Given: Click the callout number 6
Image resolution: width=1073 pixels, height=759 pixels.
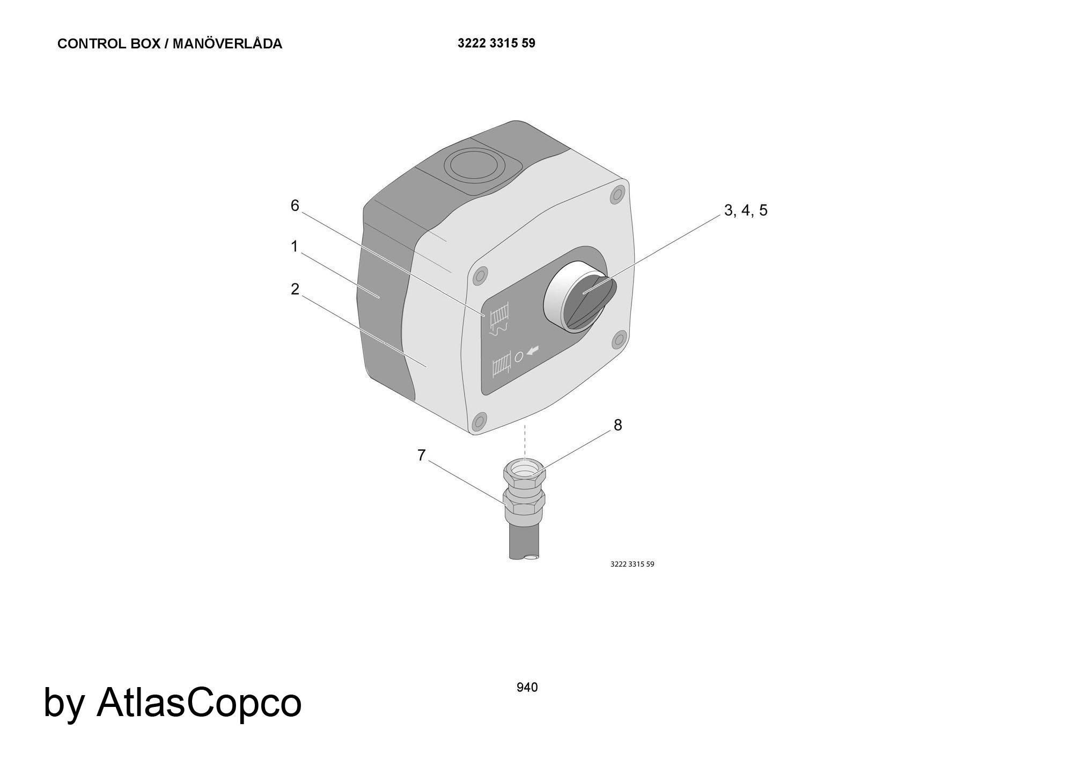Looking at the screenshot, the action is click(x=295, y=206).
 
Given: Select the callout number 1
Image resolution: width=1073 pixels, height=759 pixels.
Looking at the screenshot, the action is click(x=294, y=246).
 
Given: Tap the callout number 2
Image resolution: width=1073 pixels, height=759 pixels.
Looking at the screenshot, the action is click(x=295, y=289).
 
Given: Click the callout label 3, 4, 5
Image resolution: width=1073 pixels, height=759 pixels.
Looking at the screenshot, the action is click(x=746, y=210).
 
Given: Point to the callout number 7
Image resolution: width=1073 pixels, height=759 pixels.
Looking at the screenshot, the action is click(x=421, y=455).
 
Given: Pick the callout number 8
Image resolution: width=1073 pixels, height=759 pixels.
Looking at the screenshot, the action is click(x=618, y=425).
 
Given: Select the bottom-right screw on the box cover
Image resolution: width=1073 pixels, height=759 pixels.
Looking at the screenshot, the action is click(x=619, y=339).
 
